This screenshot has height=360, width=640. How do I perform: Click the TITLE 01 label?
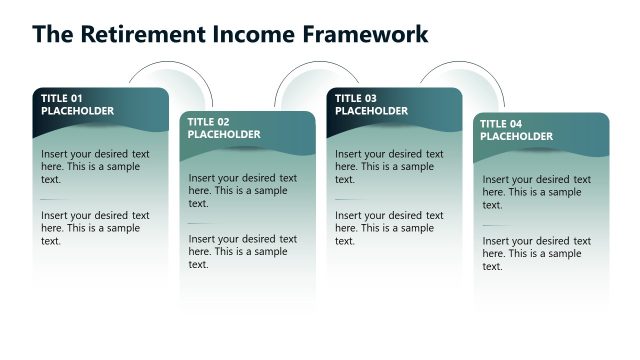tap(62, 98)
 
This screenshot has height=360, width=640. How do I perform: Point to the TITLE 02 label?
tap(209, 122)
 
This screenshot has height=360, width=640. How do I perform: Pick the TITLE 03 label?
tap(356, 98)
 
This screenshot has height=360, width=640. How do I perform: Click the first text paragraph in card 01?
tap(95, 167)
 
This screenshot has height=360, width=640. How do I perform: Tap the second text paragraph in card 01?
tap(95, 228)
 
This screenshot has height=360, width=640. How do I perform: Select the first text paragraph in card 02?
tap(242, 190)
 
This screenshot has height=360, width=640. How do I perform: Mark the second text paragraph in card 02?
tap(242, 252)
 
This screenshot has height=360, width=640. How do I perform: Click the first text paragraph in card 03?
tap(389, 167)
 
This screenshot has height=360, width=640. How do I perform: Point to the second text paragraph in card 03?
tap(389, 228)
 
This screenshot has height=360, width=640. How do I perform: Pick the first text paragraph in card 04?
tap(536, 191)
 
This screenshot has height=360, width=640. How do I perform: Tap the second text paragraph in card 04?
tap(536, 253)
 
